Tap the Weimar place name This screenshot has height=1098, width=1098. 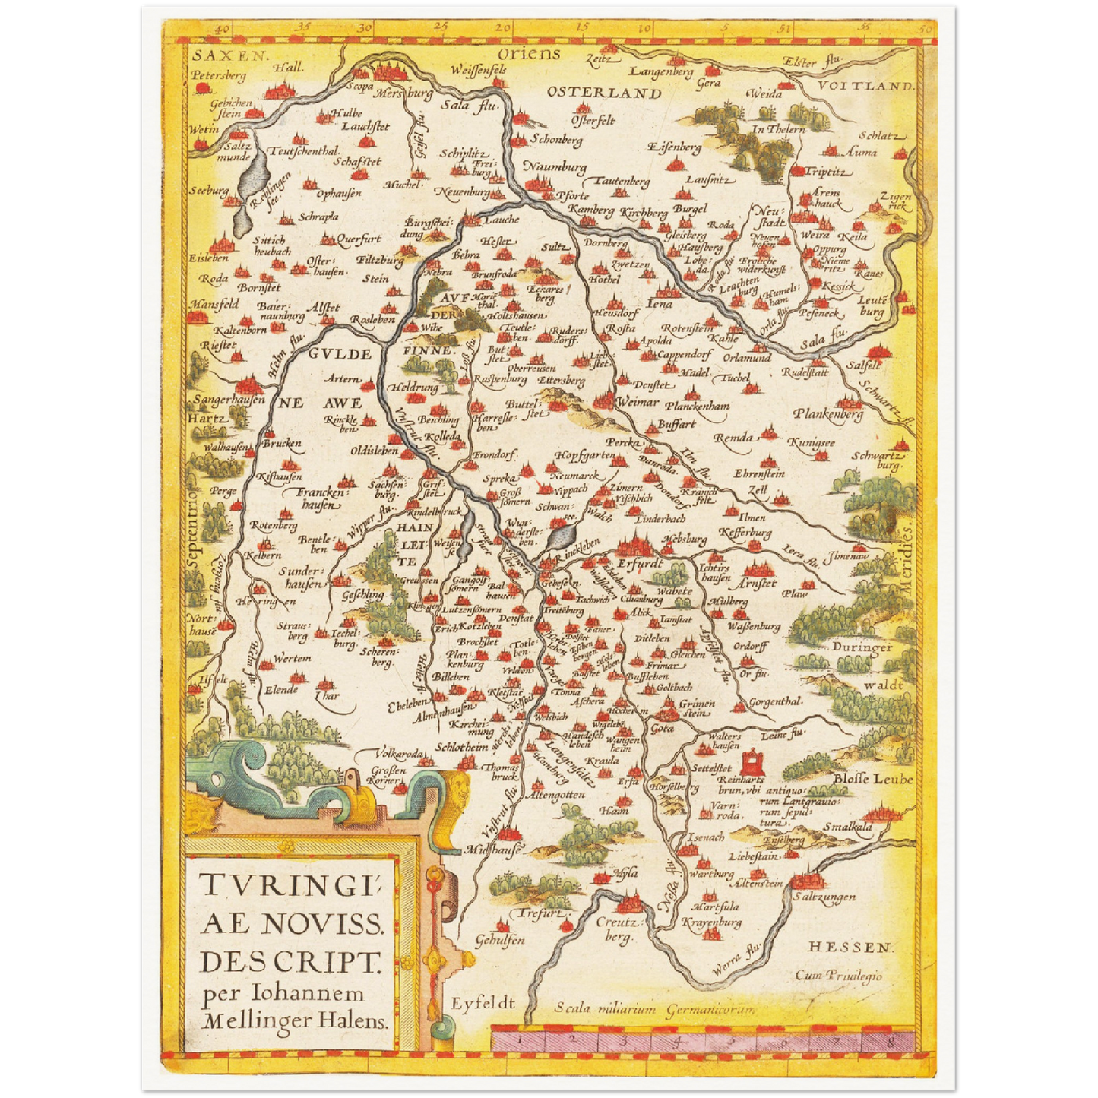[x=638, y=401]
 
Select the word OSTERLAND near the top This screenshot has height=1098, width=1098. [x=604, y=93]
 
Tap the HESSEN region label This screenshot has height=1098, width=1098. [x=849, y=947]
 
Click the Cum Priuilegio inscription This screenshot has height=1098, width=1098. [x=838, y=976]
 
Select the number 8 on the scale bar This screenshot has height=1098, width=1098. [x=888, y=1036]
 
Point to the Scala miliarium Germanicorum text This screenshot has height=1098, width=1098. [x=654, y=1009]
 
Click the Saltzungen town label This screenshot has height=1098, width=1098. [x=824, y=897]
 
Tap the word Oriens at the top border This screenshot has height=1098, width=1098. [x=529, y=53]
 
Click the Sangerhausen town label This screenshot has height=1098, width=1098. [x=229, y=400]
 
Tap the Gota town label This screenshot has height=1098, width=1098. [x=662, y=728]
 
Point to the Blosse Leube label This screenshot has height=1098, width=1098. [x=872, y=779]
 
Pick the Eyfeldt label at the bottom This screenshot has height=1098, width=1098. [x=483, y=1003]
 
